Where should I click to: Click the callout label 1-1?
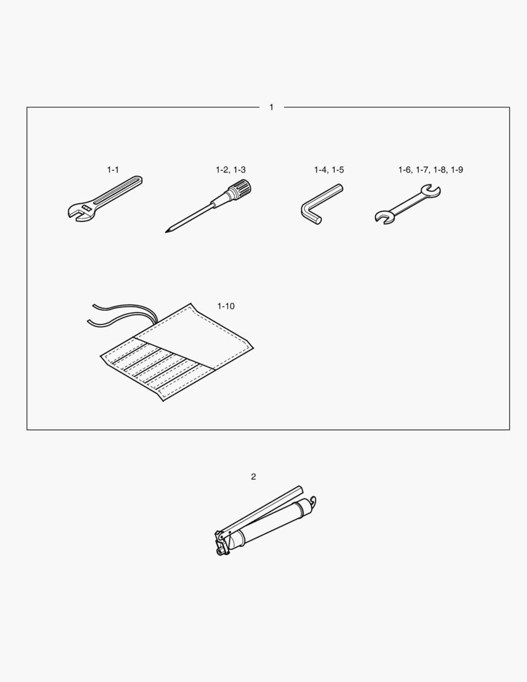coord(112,170)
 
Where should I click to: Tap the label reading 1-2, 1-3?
coord(230,170)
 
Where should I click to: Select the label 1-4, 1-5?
coord(329,170)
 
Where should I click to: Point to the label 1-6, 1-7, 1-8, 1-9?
coord(430,170)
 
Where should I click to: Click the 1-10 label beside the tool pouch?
coord(226,306)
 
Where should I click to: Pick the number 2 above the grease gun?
coord(254,477)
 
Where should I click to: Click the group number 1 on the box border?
coord(271,107)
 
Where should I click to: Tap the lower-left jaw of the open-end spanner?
coord(383,217)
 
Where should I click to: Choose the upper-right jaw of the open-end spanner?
coord(430,192)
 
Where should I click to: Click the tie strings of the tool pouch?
coord(121,315)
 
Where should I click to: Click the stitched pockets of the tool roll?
coord(157,368)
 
